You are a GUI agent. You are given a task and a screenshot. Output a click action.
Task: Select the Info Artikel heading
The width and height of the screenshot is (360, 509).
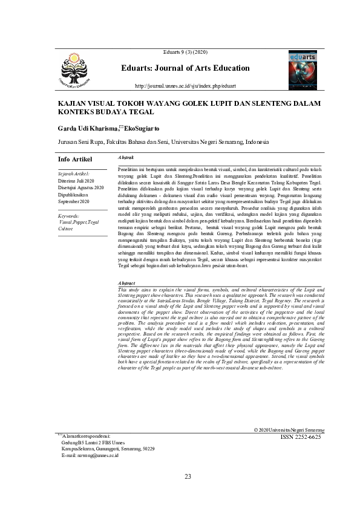[x=74, y=159]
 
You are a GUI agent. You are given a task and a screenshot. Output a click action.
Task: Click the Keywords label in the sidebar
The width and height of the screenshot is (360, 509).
[x=68, y=216]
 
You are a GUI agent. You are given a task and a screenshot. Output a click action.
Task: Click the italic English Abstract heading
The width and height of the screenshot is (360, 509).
[x=126, y=283]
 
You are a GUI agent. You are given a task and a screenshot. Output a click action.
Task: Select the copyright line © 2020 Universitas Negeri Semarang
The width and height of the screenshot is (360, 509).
[x=290, y=429]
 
